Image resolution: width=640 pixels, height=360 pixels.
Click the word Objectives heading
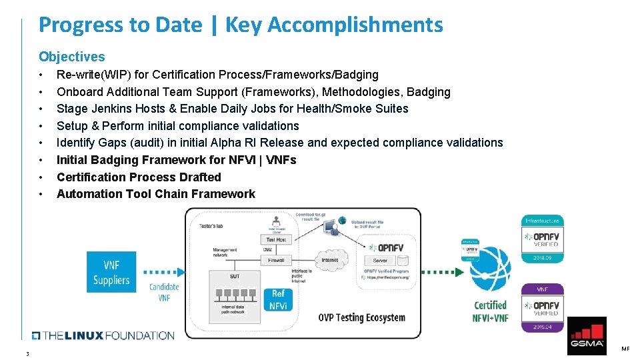point(71,57)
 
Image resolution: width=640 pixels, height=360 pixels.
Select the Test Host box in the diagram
point(275,240)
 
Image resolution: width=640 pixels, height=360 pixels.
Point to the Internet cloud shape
point(329,260)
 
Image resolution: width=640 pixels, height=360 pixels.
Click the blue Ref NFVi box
point(278,300)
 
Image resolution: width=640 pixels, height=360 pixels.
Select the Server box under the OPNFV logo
point(381,261)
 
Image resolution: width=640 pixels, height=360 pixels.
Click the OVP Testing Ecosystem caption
point(361,317)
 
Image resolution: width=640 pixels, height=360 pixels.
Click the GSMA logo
point(587,335)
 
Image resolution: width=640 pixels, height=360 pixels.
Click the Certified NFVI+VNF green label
point(491,311)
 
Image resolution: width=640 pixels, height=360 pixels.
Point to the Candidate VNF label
point(164,292)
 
